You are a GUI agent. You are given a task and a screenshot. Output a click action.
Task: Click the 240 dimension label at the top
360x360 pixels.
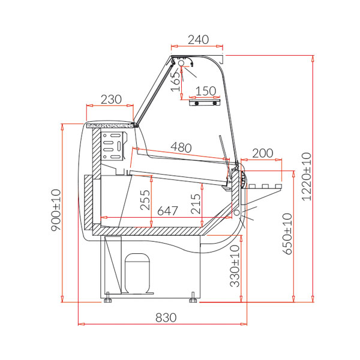pos(199,40)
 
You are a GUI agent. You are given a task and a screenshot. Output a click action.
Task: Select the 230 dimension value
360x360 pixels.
pos(111,100)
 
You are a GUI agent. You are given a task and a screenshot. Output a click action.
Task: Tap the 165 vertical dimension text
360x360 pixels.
pos(176,81)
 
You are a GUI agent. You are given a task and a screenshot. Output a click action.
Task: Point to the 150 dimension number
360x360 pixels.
pos(206,91)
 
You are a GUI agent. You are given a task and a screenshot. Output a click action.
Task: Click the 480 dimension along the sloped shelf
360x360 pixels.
pos(181,147)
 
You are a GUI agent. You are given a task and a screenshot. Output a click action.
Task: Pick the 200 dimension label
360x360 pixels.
pos(263,153)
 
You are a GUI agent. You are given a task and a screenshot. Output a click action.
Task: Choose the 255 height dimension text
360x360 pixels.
pos(145,200)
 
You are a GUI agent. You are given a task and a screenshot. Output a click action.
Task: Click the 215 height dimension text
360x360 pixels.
pos(196,204)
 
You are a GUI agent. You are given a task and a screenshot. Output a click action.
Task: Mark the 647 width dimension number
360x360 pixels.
pos(167,211)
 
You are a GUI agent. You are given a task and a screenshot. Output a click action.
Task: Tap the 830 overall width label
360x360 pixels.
pos(166,318)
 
